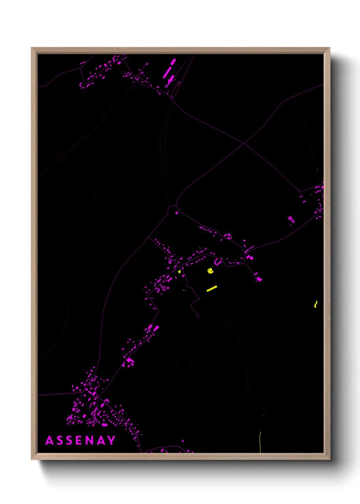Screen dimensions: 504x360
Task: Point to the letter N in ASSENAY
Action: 90,440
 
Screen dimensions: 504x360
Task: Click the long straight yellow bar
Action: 212,288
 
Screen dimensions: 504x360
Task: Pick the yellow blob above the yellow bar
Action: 210,271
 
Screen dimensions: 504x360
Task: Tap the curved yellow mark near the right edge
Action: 316,304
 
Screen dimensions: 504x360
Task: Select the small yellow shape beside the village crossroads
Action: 179,271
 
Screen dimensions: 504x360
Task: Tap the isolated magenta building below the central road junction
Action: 176,213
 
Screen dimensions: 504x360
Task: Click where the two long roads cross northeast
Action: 244,144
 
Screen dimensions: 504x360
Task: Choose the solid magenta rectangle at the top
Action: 173,62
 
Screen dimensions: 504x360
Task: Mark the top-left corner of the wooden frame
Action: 32,48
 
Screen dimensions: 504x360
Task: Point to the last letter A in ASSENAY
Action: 101,440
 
